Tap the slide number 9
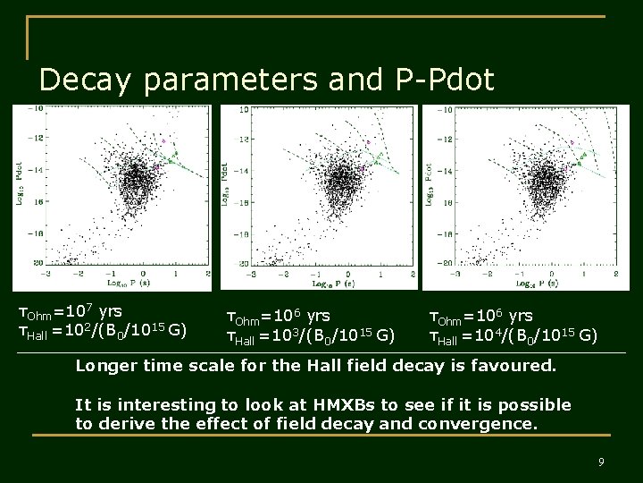click(x=601, y=462)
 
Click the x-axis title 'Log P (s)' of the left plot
click(x=128, y=283)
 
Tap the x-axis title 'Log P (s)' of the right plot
click(x=536, y=283)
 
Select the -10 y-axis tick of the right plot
click(x=442, y=109)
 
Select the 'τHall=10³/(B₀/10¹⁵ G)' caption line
click(x=311, y=336)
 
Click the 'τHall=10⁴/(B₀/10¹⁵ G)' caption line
click(x=514, y=336)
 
